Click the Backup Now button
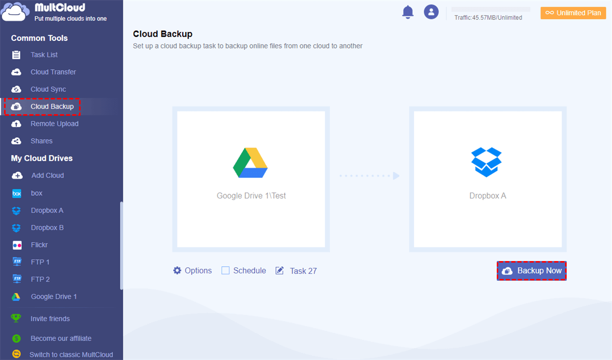click(x=532, y=271)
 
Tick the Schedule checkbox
click(x=225, y=271)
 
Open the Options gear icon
click(x=177, y=271)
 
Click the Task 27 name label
click(x=303, y=271)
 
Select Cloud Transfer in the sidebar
click(x=53, y=72)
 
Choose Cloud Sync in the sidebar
click(x=48, y=89)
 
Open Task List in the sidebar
click(x=44, y=55)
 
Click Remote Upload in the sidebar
click(x=54, y=124)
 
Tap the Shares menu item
click(x=41, y=141)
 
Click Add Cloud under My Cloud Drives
click(x=47, y=175)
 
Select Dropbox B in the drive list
click(x=47, y=227)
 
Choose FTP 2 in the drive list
click(x=40, y=279)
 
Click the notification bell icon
click(x=408, y=12)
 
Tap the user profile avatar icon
click(x=431, y=12)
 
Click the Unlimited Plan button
click(x=573, y=13)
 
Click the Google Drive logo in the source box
click(x=250, y=163)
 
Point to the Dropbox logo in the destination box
click(x=487, y=162)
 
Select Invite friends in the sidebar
click(x=50, y=319)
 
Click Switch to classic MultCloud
click(x=71, y=354)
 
